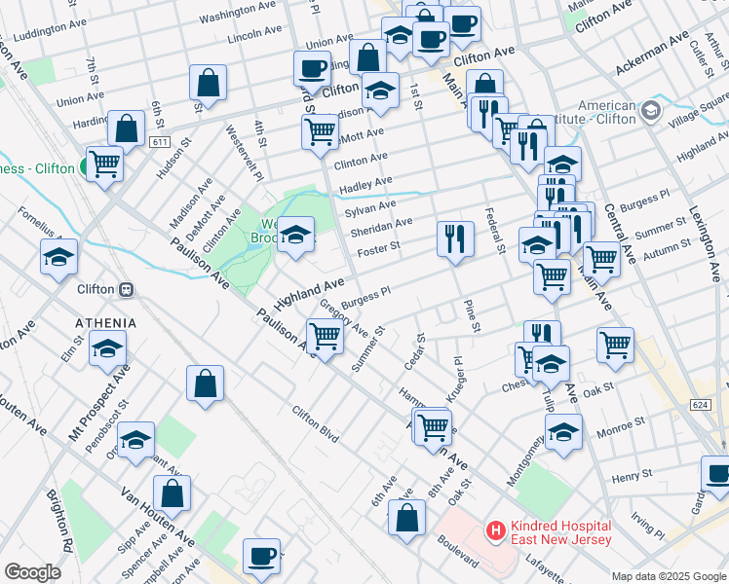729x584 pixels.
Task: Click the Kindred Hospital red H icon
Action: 496,531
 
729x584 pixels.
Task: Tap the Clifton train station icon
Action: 126,289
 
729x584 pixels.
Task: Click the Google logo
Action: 33,572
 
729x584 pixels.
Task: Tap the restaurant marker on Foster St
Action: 454,237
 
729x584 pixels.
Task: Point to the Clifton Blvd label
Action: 316,424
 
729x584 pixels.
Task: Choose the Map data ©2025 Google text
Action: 667,575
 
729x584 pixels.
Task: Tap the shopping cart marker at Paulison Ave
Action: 325,336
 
